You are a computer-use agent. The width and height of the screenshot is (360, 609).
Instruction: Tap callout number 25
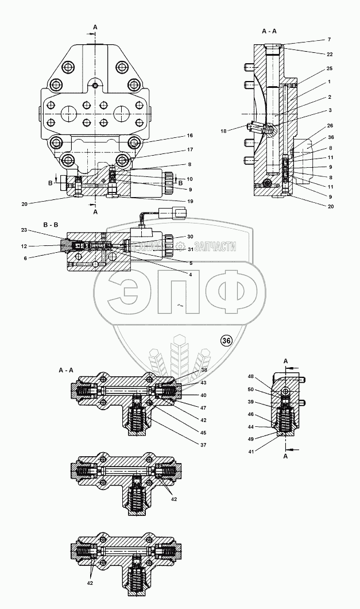329,68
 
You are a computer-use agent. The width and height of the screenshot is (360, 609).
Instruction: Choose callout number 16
189,136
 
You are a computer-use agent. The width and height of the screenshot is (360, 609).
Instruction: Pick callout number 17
189,151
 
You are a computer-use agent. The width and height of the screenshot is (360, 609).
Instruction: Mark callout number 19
189,201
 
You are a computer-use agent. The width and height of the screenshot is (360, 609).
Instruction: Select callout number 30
189,237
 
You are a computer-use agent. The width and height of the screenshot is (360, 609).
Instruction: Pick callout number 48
250,377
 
